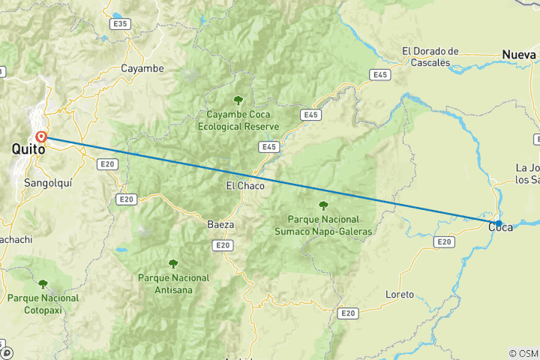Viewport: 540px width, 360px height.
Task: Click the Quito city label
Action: click(x=28, y=150)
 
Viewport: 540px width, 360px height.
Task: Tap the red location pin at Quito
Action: click(x=41, y=137)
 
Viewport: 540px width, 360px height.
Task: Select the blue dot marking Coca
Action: click(x=499, y=223)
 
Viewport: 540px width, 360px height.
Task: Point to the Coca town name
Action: click(x=501, y=227)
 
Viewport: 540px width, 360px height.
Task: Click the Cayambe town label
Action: click(x=142, y=68)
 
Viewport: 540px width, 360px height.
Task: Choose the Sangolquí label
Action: click(x=49, y=182)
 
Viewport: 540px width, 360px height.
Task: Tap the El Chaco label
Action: click(x=245, y=185)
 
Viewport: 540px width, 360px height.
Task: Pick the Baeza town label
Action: click(x=220, y=223)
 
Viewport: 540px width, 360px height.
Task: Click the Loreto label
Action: click(x=399, y=294)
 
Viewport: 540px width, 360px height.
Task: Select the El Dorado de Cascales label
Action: click(x=430, y=57)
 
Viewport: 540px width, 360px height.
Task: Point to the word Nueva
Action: click(x=520, y=55)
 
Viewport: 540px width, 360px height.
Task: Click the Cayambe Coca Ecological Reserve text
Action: click(x=238, y=121)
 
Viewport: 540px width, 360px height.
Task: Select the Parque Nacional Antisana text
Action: click(x=174, y=283)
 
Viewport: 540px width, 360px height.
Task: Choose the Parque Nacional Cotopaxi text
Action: click(x=43, y=303)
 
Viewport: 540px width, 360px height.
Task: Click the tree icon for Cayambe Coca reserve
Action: click(x=238, y=100)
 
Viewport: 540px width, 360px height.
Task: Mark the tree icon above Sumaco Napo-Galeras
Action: click(x=323, y=205)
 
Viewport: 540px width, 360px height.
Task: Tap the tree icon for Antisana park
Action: click(x=173, y=263)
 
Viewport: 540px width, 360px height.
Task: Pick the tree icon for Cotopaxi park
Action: click(x=43, y=283)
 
